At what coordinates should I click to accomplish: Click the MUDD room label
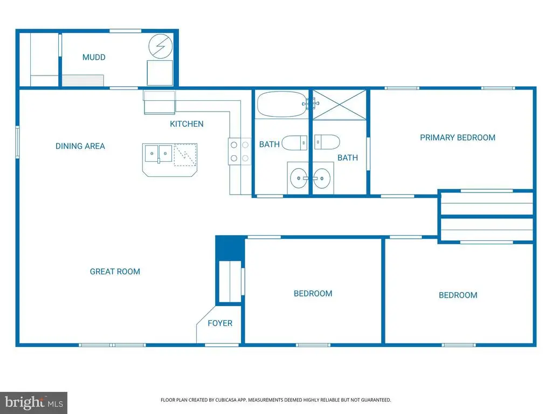[x=94, y=57]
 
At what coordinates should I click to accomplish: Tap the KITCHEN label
[x=187, y=124]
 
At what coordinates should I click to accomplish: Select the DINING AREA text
[x=80, y=146]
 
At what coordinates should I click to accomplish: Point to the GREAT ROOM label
[x=115, y=272]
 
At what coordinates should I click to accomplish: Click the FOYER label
[x=220, y=323]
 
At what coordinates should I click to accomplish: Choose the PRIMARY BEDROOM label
[x=457, y=137]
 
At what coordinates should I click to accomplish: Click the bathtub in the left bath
[x=281, y=104]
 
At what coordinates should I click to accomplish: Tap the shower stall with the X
[x=340, y=104]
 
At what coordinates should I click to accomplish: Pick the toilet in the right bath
[x=327, y=143]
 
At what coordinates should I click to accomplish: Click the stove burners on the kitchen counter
[x=239, y=151]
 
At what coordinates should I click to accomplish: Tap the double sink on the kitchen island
[x=158, y=154]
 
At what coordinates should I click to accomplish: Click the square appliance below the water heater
[x=160, y=73]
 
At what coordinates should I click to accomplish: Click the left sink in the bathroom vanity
[x=297, y=177]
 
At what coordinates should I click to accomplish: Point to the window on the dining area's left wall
[x=18, y=142]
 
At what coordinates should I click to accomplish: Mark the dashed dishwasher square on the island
[x=185, y=155]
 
